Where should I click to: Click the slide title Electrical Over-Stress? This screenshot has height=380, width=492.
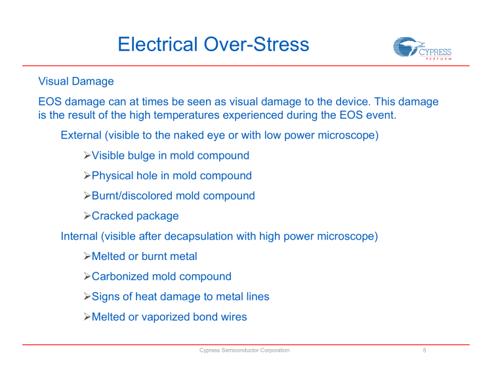tap(213, 44)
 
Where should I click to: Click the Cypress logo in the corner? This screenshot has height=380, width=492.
tap(422, 48)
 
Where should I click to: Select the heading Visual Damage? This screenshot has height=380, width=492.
tap(76, 81)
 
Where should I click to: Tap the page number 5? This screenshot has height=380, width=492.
tap(424, 350)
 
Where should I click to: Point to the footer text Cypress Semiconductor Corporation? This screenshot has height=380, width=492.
tap(245, 350)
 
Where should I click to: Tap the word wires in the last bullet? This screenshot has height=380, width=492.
tap(233, 317)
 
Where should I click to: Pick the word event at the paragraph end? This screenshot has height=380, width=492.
tap(380, 116)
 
